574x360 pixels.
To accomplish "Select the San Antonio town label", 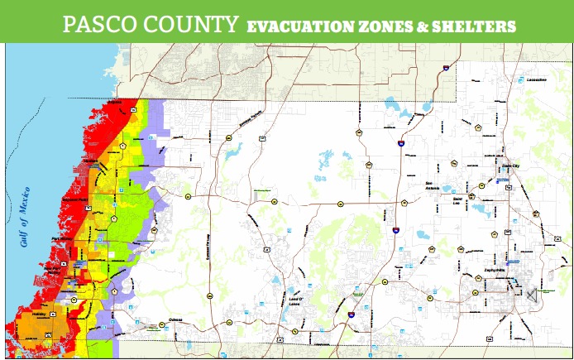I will (433, 185).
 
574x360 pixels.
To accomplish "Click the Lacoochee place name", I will (537, 80).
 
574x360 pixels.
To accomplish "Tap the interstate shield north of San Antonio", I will (401, 143).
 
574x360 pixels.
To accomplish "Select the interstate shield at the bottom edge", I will (352, 315).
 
